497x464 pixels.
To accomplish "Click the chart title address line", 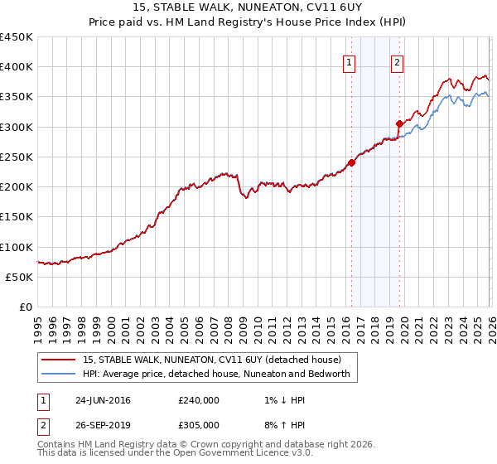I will (x=248, y=7).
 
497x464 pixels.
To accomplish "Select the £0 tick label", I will (x=25, y=307).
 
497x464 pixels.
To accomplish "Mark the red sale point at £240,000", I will (x=351, y=163).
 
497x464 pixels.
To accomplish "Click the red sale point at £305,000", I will (x=399, y=124).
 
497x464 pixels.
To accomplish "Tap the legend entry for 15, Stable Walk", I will (x=211, y=360).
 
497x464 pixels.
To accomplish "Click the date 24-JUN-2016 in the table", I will (x=103, y=400).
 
